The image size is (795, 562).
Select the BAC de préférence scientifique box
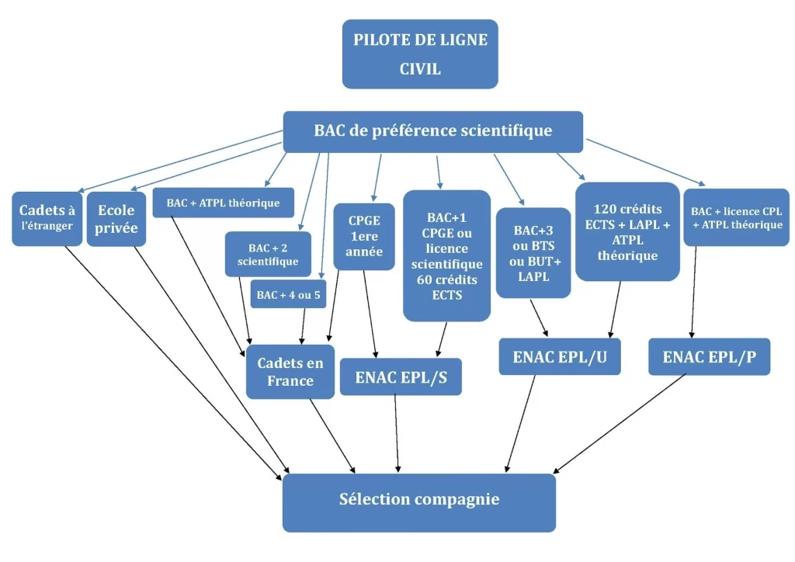coord(432,131)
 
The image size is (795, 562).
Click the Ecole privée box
coord(116,219)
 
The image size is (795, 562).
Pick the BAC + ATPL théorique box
coord(223,203)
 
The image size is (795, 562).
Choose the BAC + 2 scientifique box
coord(268,254)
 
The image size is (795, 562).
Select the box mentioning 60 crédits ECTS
coord(446,255)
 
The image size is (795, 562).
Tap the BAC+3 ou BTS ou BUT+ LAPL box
coord(533,252)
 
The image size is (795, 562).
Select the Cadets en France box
coord(290,372)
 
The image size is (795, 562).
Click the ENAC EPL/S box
coord(401,376)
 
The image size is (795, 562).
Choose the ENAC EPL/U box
coord(560,356)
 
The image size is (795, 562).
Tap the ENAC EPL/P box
coord(709,356)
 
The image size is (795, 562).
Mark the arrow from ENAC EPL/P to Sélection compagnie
coord(621,422)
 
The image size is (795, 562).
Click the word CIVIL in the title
coord(420,69)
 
